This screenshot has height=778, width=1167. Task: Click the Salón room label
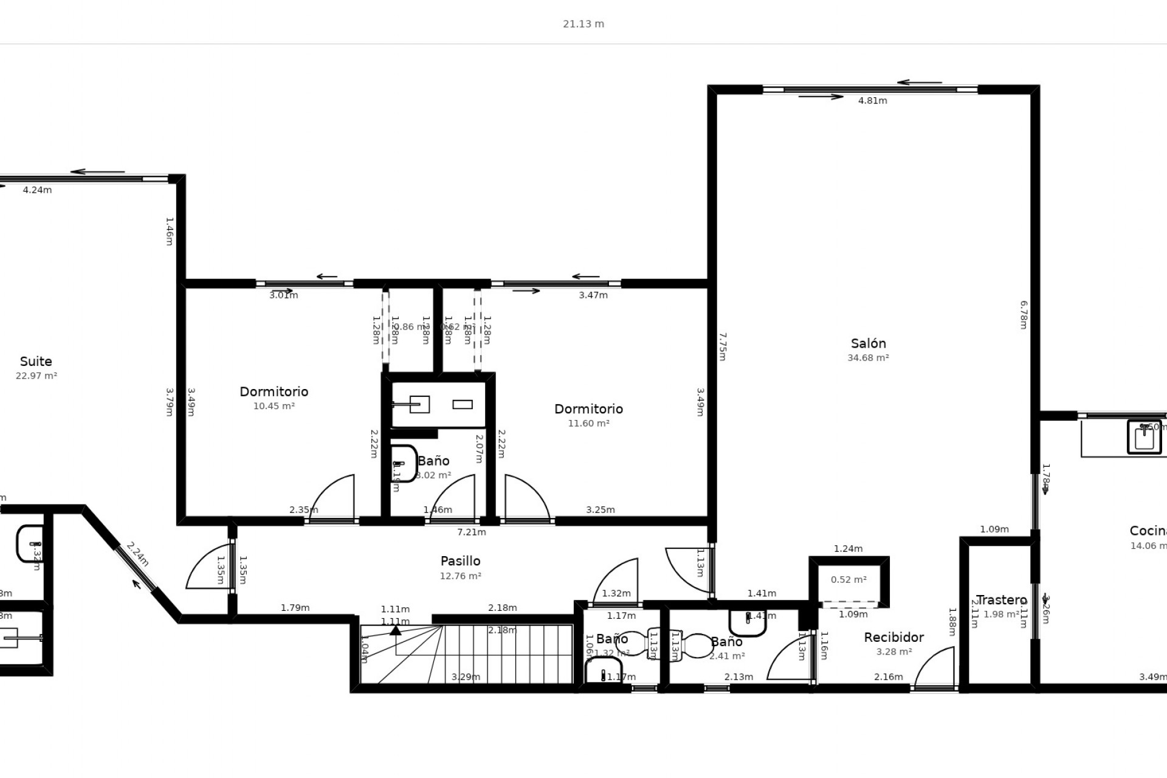868,343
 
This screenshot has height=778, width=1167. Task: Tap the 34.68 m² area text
868,358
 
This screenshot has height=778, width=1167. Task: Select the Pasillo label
460,561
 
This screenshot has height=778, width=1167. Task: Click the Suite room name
36,362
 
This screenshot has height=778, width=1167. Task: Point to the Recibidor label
893,637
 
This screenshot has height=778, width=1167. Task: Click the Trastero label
1001,601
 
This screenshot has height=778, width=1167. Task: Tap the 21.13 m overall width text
583,24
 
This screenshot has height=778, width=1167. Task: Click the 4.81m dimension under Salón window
872,101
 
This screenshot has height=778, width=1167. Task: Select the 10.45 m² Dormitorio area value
274,406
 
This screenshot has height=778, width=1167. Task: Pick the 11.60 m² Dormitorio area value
588,424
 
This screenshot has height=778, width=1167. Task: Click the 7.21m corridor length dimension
471,532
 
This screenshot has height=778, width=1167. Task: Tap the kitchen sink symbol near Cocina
1144,437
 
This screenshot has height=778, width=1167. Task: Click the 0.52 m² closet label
849,580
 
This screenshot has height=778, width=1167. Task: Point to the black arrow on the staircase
396,630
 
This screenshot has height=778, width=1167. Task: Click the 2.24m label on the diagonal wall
137,554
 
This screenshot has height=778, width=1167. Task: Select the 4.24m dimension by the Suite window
37,190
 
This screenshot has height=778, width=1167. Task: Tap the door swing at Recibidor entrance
933,669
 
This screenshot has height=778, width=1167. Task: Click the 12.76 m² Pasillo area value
460,576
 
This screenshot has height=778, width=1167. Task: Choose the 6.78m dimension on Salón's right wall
1023,315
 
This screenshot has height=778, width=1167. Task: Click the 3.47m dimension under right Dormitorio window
593,295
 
